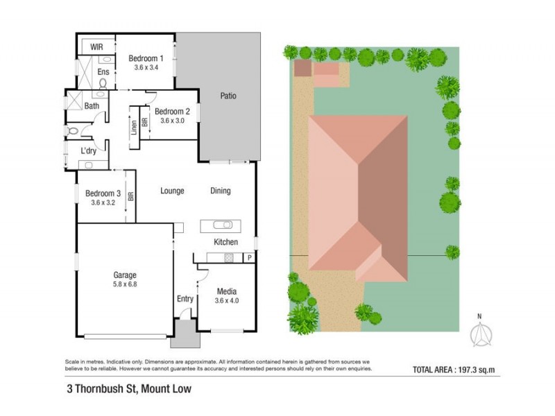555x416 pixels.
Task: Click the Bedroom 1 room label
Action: click(x=147, y=59)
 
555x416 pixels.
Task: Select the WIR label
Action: click(x=98, y=47)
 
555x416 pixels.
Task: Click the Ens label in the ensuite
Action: click(x=103, y=71)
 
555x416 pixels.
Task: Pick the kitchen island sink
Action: click(x=221, y=225)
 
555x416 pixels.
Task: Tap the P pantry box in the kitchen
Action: click(x=248, y=257)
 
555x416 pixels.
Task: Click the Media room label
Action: click(x=227, y=292)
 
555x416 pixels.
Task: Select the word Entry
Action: click(x=185, y=299)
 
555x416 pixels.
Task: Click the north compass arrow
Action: click(x=479, y=335)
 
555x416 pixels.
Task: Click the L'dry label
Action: click(x=88, y=151)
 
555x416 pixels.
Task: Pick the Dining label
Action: click(x=220, y=191)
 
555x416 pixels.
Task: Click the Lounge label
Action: click(x=171, y=191)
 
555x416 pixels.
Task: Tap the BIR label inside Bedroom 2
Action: click(x=144, y=122)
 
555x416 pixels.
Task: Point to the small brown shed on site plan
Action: click(x=302, y=68)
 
